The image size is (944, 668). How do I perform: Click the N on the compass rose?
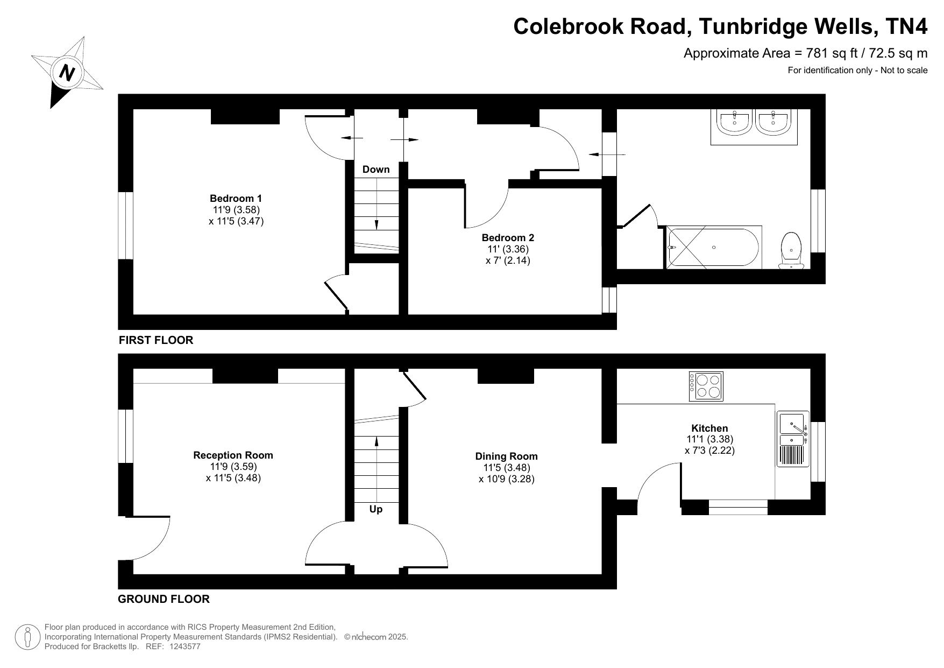pos(67,72)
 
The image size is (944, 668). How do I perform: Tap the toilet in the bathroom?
pos(792,251)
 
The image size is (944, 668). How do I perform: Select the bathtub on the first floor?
pos(713,247)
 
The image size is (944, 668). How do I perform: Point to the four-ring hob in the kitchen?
pos(706,386)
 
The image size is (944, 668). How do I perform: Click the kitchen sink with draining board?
pos(792,439)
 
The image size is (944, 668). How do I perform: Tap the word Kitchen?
pos(709,428)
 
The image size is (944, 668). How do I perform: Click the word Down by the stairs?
pos(376,170)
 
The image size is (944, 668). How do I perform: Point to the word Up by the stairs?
pos(376,509)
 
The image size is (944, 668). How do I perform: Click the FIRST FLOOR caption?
pos(156,340)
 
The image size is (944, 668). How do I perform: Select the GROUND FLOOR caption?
pos(164,599)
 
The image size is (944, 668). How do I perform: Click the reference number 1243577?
pos(184,646)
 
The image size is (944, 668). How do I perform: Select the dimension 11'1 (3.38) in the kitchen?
pos(709,439)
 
